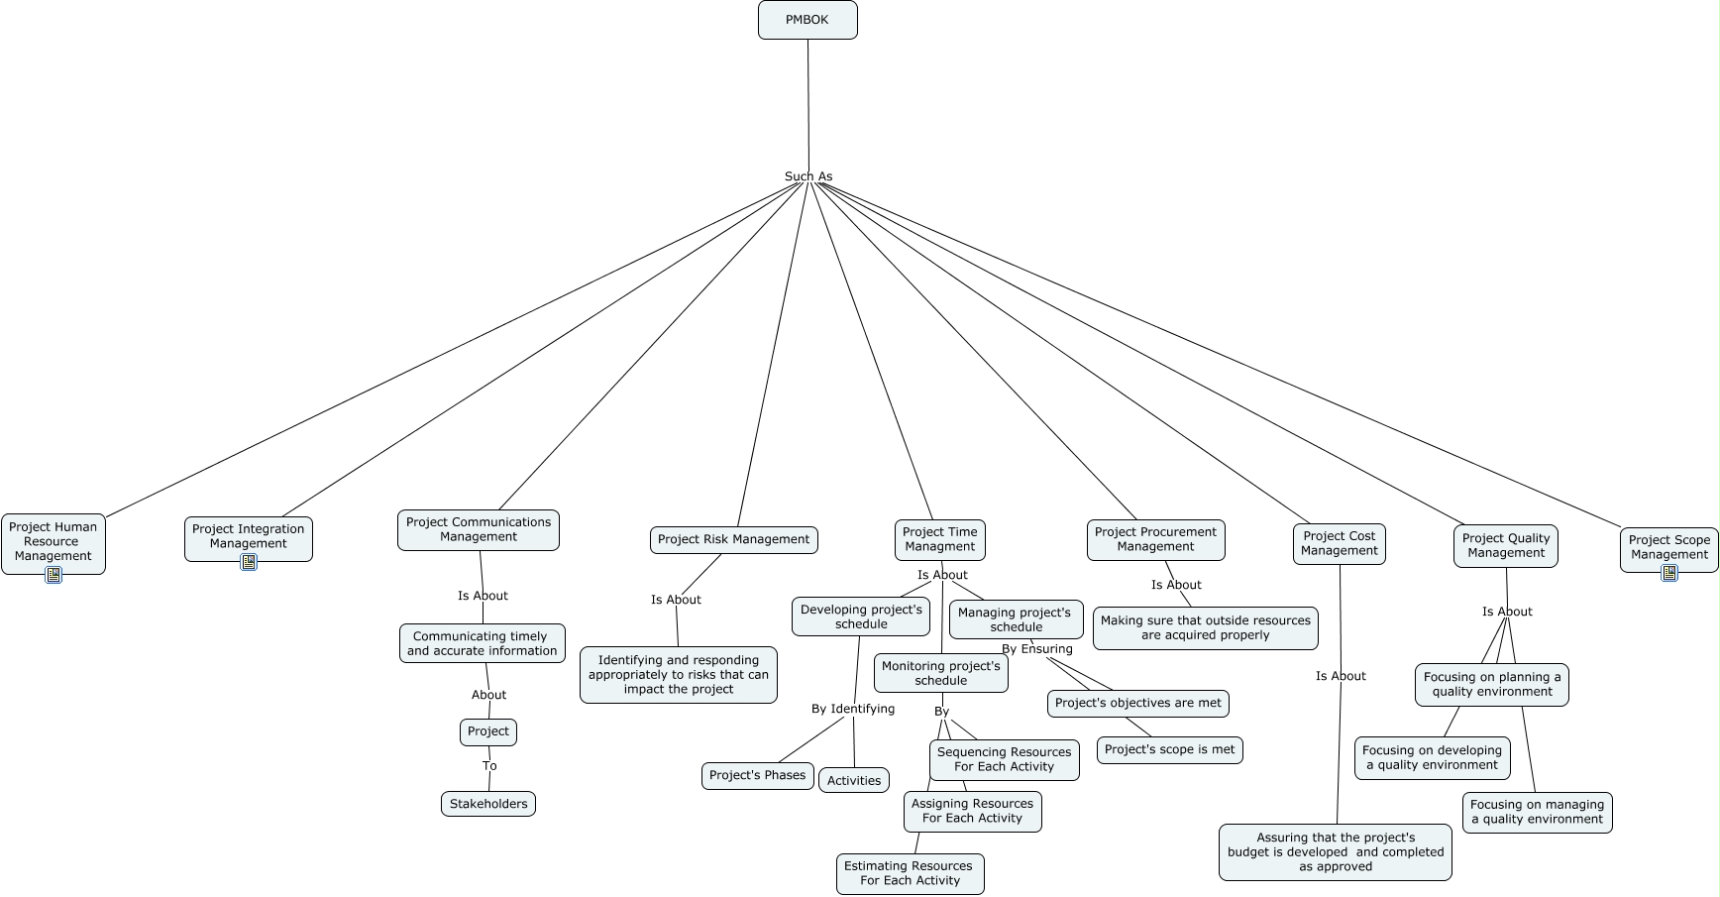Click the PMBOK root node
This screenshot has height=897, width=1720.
pyautogui.click(x=807, y=20)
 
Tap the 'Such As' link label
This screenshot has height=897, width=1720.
pyautogui.click(x=808, y=176)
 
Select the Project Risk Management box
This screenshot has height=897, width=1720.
pyautogui.click(x=733, y=539)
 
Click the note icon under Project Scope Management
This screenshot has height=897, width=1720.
pyautogui.click(x=1669, y=573)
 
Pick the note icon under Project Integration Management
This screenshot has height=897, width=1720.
pyautogui.click(x=249, y=562)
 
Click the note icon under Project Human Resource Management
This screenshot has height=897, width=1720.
pyautogui.click(x=54, y=574)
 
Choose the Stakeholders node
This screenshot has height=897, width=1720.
pyautogui.click(x=488, y=804)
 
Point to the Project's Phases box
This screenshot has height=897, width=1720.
pyautogui.click(x=758, y=775)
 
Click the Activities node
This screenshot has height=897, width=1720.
pyautogui.click(x=854, y=780)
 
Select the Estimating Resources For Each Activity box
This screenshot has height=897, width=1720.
pyautogui.click(x=910, y=873)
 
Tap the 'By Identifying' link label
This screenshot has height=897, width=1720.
pyautogui.click(x=852, y=709)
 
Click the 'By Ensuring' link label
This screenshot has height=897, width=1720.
pyautogui.click(x=1036, y=649)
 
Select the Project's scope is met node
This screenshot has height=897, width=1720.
pyautogui.click(x=1169, y=749)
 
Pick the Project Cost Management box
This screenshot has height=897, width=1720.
pyautogui.click(x=1339, y=543)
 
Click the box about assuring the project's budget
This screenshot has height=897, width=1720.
pyautogui.click(x=1335, y=851)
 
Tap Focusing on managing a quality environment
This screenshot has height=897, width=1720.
pyautogui.click(x=1537, y=812)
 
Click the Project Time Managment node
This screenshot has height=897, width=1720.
pyautogui.click(x=939, y=539)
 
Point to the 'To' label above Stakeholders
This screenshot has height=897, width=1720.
pyautogui.click(x=489, y=766)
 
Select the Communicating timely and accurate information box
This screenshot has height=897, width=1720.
pyautogui.click(x=483, y=643)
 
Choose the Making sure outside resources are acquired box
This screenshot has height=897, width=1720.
pyautogui.click(x=1205, y=627)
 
